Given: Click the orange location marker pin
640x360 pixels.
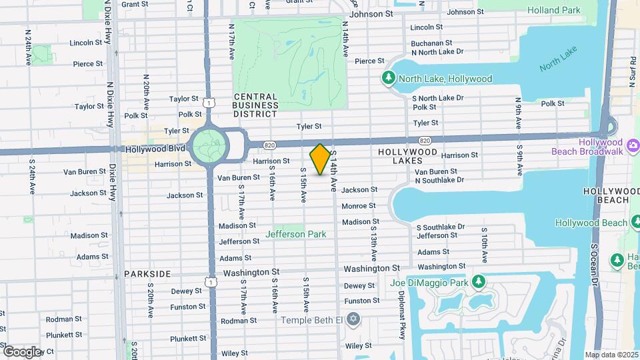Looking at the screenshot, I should [x=320, y=159].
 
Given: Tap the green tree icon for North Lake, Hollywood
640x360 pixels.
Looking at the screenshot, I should [x=389, y=79].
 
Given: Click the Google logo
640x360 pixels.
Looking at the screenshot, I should [x=21, y=351].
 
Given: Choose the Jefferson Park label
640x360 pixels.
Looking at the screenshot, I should [x=296, y=234].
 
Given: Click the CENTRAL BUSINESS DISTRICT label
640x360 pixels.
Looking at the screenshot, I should [x=255, y=105].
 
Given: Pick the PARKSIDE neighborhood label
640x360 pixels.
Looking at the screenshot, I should [x=147, y=274].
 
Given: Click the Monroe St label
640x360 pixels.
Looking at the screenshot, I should [x=359, y=206].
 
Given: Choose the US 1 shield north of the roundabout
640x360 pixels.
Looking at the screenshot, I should [x=209, y=103].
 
